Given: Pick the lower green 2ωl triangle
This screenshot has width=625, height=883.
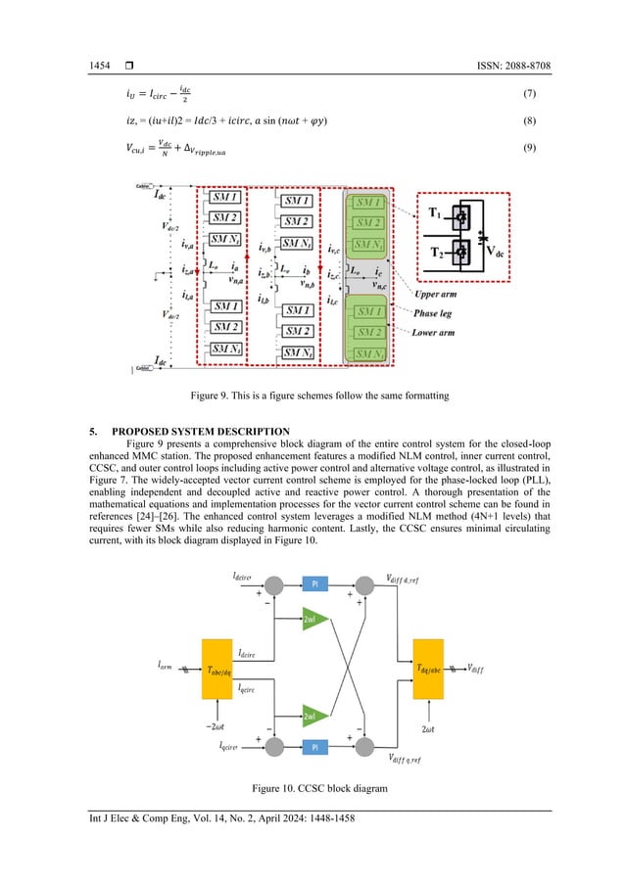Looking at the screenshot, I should coord(309,717).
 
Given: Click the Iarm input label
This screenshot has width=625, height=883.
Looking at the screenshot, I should coord(168,665).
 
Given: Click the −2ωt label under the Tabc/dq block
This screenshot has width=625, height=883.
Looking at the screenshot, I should coord(216,724).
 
